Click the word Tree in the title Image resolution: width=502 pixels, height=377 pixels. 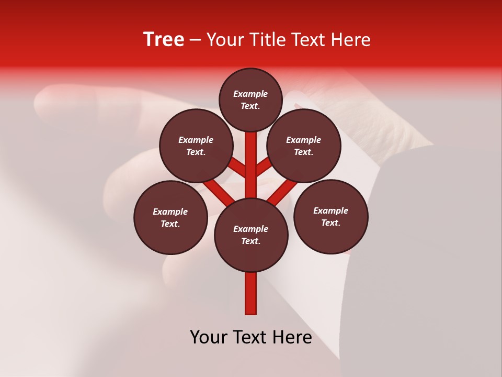[164, 40]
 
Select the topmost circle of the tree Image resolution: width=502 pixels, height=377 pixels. [250, 99]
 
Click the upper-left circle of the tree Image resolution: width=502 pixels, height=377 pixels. [196, 146]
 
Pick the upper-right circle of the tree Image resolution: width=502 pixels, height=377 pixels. [304, 146]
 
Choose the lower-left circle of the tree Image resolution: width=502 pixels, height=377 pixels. [170, 217]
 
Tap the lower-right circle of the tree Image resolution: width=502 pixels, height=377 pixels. [330, 216]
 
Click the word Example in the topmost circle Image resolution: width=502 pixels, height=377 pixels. [250, 94]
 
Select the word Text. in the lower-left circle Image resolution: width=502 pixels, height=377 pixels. [170, 224]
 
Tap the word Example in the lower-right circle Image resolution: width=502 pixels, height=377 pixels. [330, 210]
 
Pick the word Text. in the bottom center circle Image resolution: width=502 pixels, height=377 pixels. [250, 241]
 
